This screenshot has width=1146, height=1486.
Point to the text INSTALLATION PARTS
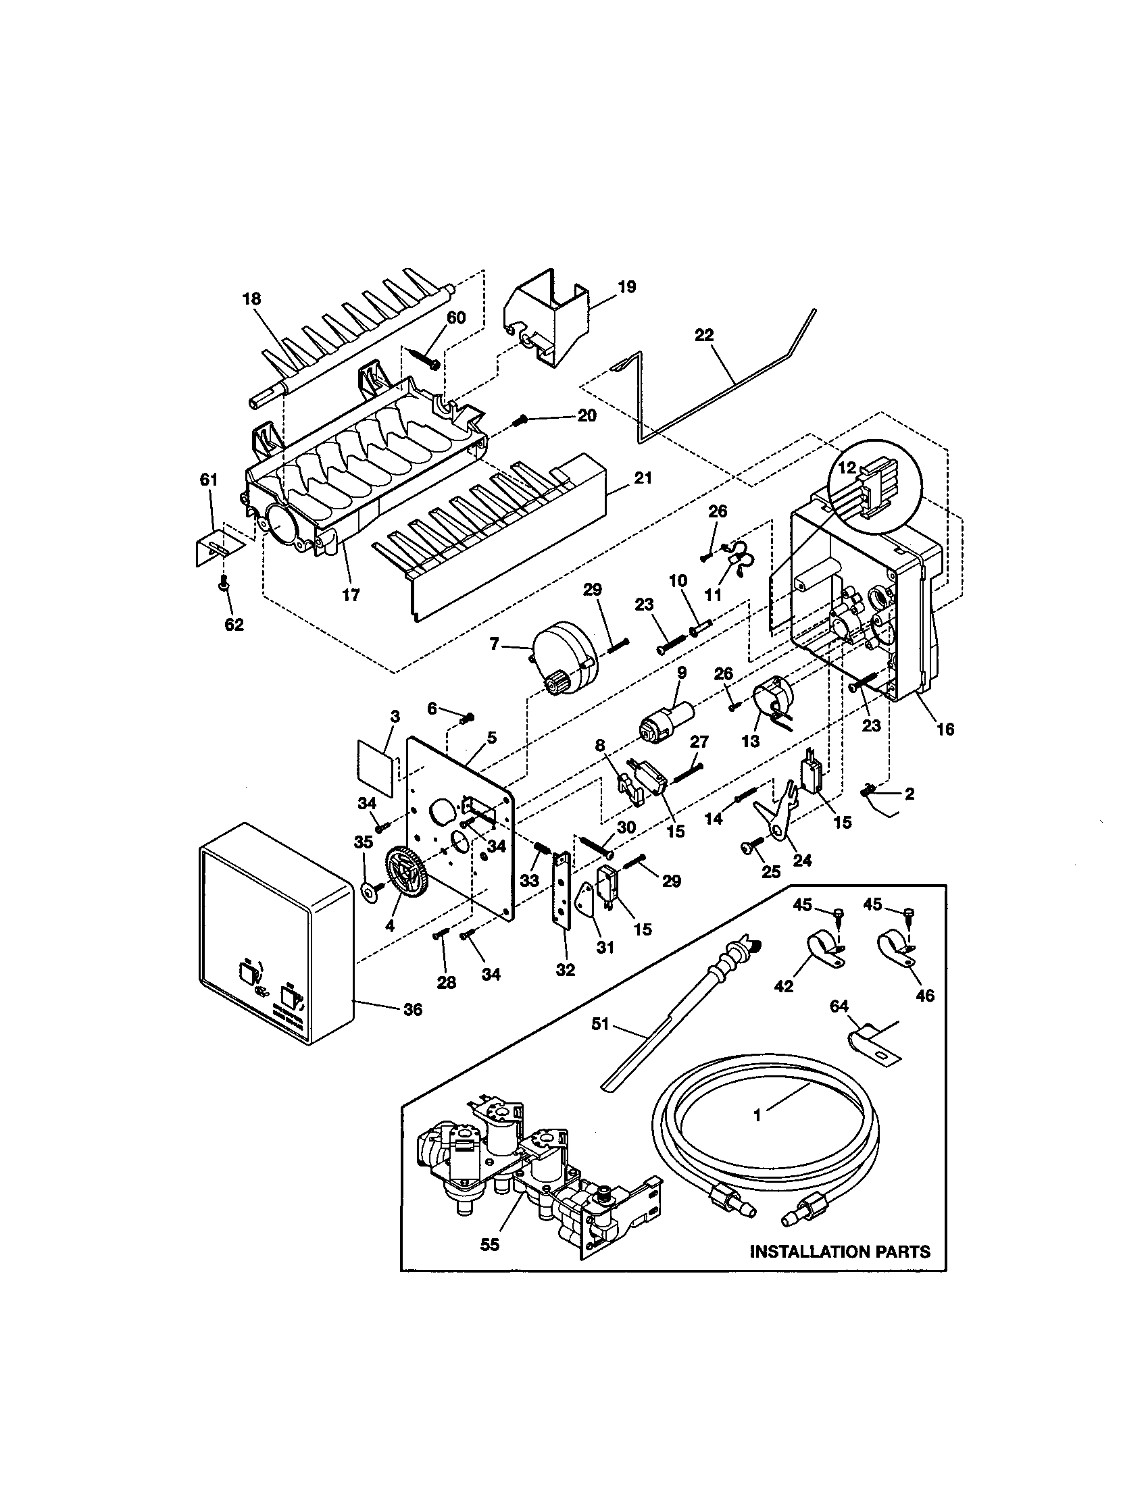pyautogui.click(x=839, y=1250)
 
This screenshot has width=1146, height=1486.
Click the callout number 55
pyautogui.click(x=489, y=1244)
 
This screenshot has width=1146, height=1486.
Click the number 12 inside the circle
pyautogui.click(x=847, y=468)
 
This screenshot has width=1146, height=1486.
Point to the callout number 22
pyautogui.click(x=704, y=335)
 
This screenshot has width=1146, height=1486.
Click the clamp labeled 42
pyautogui.click(x=824, y=950)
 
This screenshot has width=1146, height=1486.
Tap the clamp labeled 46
pyautogui.click(x=896, y=950)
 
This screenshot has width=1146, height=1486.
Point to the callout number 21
pyautogui.click(x=643, y=478)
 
